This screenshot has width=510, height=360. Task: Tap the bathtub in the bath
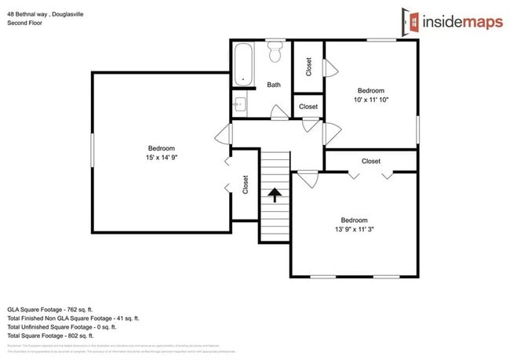coord(243,64)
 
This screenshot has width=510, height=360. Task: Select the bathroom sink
coord(239,103)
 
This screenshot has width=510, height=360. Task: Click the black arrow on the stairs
coord(275,195)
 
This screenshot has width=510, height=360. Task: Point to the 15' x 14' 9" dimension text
coord(162,158)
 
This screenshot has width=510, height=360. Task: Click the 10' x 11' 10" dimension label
coord(371,100)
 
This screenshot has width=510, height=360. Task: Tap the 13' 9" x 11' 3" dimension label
coord(354,230)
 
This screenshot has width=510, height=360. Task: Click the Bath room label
coord(274,85)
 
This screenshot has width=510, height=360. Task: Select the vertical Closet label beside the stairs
coord(246,185)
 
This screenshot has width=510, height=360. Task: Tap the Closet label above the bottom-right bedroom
coord(371,162)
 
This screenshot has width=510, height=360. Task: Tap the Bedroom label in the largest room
coord(162,148)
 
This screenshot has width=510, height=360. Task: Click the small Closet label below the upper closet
coord(308,107)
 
